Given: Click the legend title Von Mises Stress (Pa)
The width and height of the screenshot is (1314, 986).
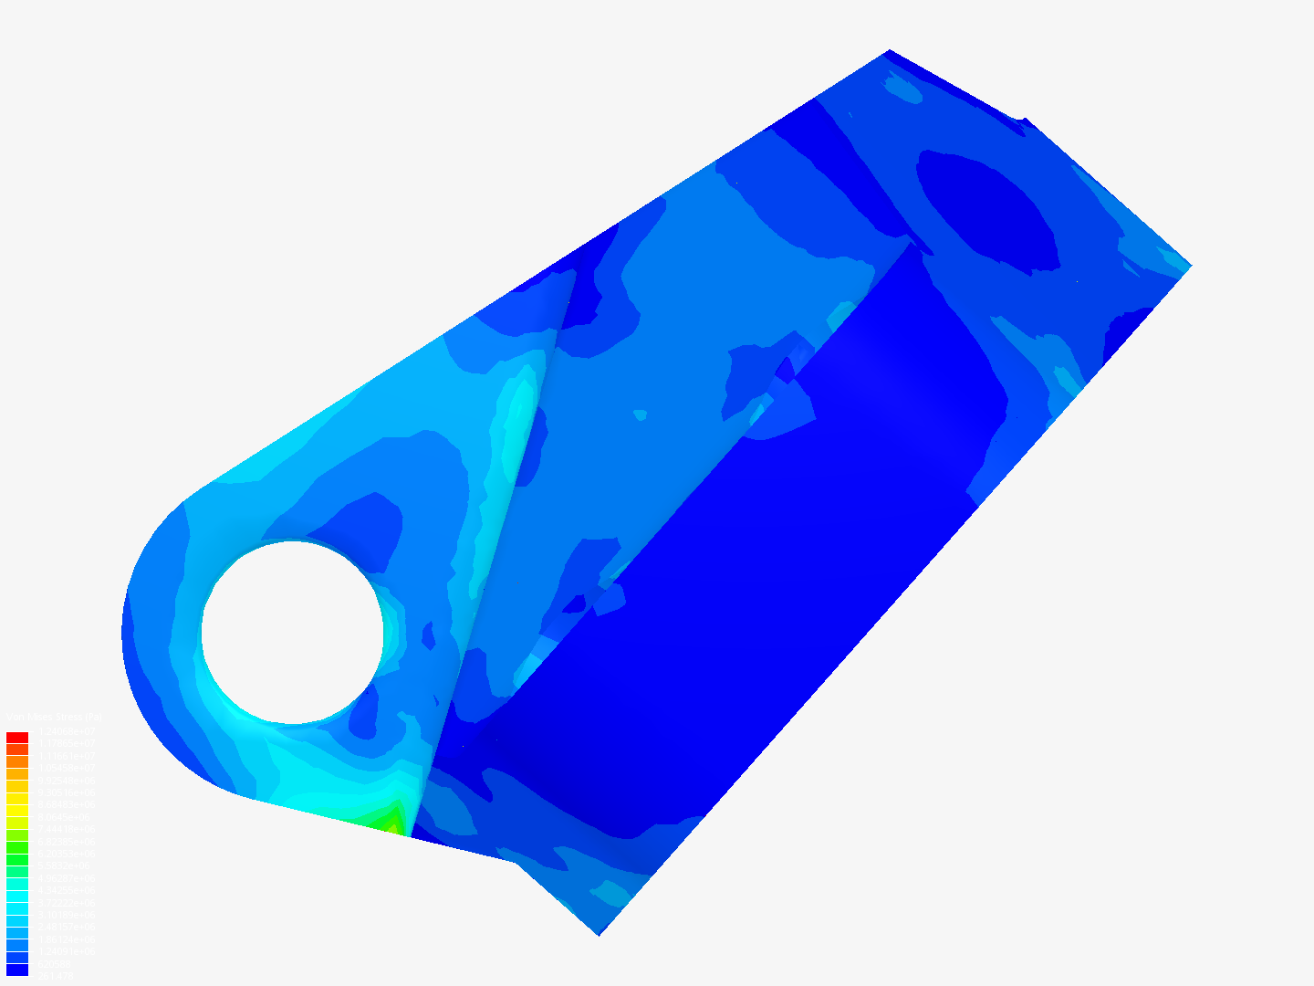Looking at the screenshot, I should (55, 718).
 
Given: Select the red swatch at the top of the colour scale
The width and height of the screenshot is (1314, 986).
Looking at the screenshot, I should (17, 737).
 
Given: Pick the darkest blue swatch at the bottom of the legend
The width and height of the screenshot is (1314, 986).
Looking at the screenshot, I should (17, 970).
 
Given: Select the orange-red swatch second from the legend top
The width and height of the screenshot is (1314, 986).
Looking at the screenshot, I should (17, 750).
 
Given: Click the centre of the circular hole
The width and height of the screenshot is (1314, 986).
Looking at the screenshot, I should (292, 632).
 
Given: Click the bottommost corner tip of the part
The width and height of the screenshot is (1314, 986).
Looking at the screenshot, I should (599, 934).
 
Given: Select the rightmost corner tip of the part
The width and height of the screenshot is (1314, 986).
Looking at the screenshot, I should (1190, 266).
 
